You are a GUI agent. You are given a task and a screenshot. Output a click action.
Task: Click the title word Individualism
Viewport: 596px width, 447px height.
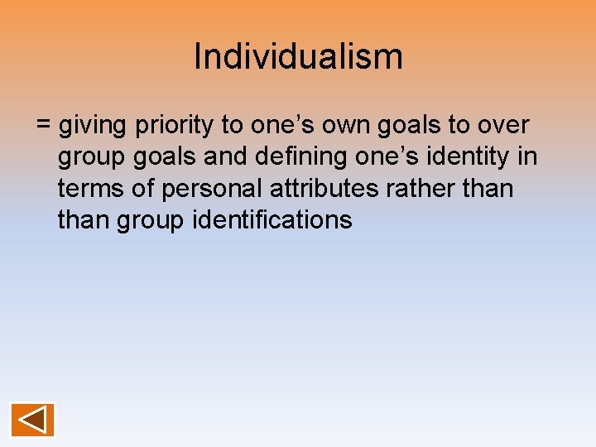click(x=298, y=56)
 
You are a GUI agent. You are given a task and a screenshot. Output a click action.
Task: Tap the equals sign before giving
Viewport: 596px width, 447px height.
click(x=44, y=126)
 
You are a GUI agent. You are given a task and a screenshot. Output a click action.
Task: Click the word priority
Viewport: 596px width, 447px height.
click(x=173, y=126)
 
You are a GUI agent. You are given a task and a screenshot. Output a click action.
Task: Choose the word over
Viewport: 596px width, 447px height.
click(x=501, y=126)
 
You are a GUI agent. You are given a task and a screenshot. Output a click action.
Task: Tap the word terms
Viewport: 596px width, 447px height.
click(x=92, y=189)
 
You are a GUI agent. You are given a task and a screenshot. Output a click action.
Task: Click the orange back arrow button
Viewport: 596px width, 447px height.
click(x=32, y=420)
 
